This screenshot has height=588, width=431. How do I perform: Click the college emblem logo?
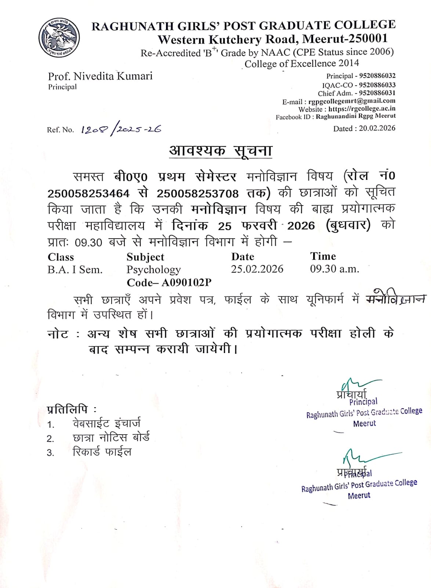pos(59,37)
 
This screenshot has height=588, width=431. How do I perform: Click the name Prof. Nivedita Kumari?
pos(100,76)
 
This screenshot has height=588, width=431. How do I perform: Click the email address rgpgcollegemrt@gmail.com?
pos(352,101)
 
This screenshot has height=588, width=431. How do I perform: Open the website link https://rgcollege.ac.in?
pos(362,109)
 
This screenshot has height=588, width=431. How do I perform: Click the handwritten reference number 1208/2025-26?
pos(121,129)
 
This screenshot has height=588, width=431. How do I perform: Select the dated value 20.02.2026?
pos(377,128)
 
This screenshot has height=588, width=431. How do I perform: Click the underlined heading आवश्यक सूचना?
pos(220,151)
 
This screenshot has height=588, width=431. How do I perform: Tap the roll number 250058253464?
pos(88,193)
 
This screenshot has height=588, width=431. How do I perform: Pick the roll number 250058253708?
pos(198,193)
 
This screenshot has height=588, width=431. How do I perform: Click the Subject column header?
pos(145,257)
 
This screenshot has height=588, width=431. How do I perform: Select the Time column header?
pos(323,256)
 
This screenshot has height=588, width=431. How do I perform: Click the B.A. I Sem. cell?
pos(75,270)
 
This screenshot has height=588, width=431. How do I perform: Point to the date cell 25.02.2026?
pos(257,269)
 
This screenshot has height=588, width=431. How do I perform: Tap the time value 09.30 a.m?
pos(334,269)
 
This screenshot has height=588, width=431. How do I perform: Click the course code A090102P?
pos(186,282)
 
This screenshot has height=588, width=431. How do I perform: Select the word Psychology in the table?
pos(153,270)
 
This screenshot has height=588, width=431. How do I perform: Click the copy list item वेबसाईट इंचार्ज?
pos(106,424)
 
